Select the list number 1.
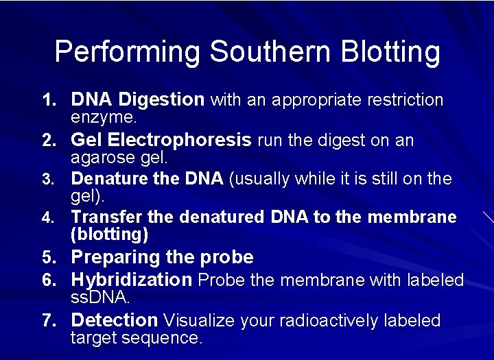tap(49, 101)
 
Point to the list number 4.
tap(49, 218)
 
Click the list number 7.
tap(49, 321)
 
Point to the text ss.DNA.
tap(100, 298)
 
